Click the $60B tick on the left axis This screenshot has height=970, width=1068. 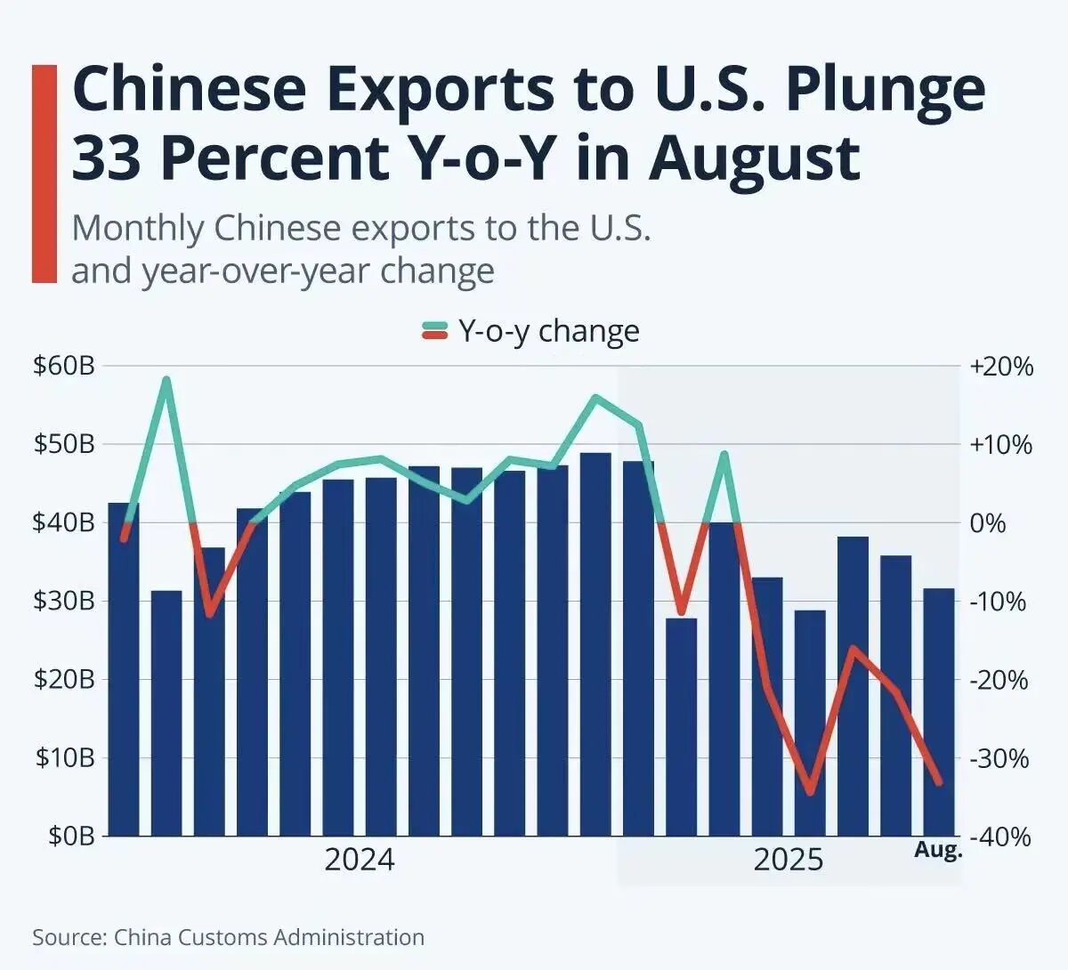pyautogui.click(x=63, y=366)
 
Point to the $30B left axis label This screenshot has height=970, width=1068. pyautogui.click(x=63, y=601)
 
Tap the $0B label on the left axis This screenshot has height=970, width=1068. pyautogui.click(x=68, y=837)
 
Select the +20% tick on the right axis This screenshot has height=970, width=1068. pyautogui.click(x=1002, y=366)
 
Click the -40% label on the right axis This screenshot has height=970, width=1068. pyautogui.click(x=1002, y=837)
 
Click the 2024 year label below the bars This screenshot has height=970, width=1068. pyautogui.click(x=359, y=861)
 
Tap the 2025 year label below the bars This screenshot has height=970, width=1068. pyautogui.click(x=789, y=861)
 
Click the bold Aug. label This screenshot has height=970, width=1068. pyautogui.click(x=938, y=850)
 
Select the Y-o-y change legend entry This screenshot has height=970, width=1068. pyautogui.click(x=530, y=330)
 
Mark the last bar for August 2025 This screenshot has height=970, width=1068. pyautogui.click(x=938, y=712)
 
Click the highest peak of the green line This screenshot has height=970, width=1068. pyautogui.click(x=166, y=380)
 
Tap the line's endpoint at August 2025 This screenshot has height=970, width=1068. pyautogui.click(x=938, y=782)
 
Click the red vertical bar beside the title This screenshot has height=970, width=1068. pyautogui.click(x=44, y=174)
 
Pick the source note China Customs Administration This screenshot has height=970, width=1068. pyautogui.click(x=269, y=937)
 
